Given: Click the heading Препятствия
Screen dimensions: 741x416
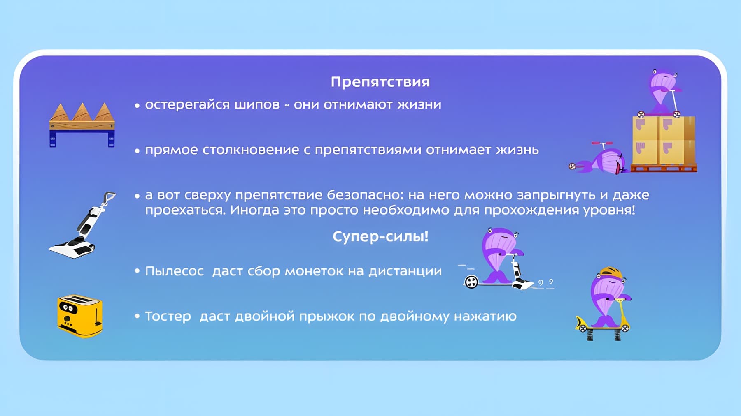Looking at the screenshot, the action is pyautogui.click(x=380, y=82).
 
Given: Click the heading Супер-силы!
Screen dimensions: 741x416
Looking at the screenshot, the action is pyautogui.click(x=380, y=236).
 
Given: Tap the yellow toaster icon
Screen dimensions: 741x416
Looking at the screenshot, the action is pyautogui.click(x=80, y=316).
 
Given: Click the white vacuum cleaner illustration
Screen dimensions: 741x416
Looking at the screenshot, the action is pyautogui.click(x=82, y=225).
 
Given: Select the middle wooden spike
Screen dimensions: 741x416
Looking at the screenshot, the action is pyautogui.click(x=82, y=112).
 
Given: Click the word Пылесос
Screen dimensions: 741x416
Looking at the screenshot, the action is pyautogui.click(x=175, y=271).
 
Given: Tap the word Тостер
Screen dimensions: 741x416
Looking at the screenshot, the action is pyautogui.click(x=168, y=317).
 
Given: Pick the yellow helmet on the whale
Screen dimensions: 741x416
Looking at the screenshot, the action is pyautogui.click(x=611, y=272).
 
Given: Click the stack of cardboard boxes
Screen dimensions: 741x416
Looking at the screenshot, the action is pyautogui.click(x=664, y=140).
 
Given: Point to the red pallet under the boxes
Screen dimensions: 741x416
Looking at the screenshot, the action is pyautogui.click(x=664, y=168).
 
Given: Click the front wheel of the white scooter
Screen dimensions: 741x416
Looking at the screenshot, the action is pyautogui.click(x=471, y=282).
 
